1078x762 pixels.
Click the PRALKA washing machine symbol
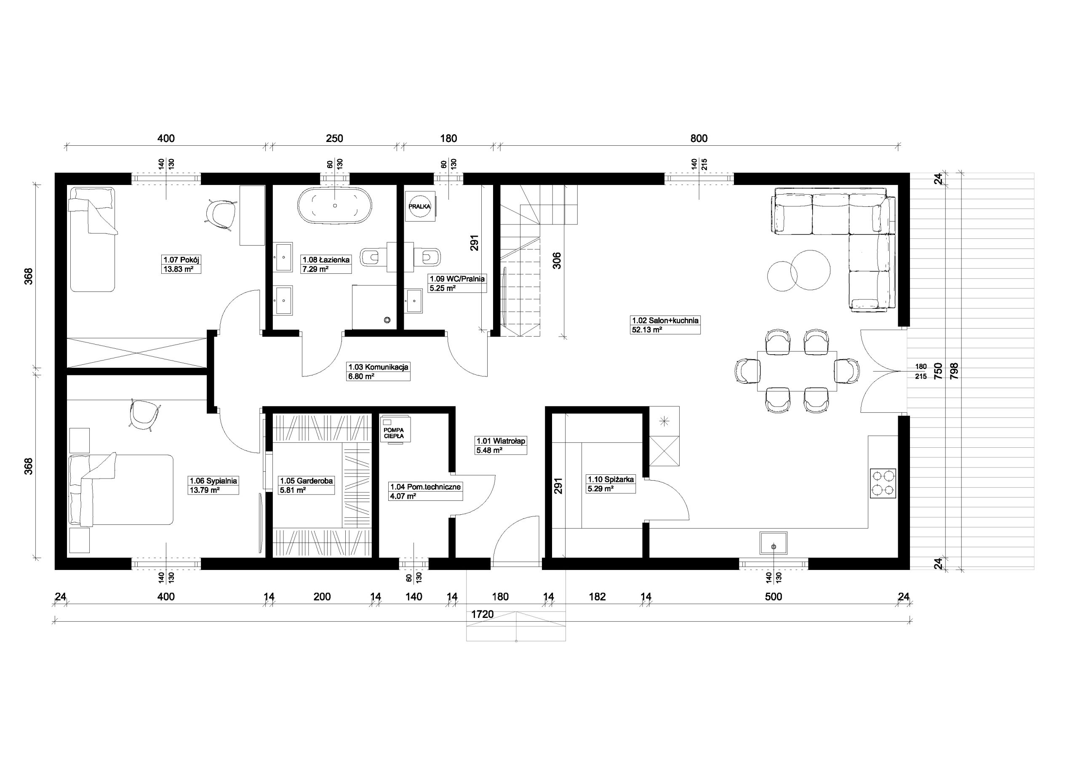pos(419,206)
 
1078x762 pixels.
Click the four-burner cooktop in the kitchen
pos(883,484)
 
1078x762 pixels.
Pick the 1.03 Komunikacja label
pos(378,367)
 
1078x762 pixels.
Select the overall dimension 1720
pos(482,615)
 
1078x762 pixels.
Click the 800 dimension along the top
pos(699,139)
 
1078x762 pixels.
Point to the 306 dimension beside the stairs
pos(557,261)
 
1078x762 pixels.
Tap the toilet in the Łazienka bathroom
pos(370,257)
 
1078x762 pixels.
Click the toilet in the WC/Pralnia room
pos(432,257)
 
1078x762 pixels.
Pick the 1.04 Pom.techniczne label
pos(425,487)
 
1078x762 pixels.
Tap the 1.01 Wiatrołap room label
pos(501,441)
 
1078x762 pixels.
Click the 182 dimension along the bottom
pos(597,596)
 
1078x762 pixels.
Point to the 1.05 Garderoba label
pos(307,481)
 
